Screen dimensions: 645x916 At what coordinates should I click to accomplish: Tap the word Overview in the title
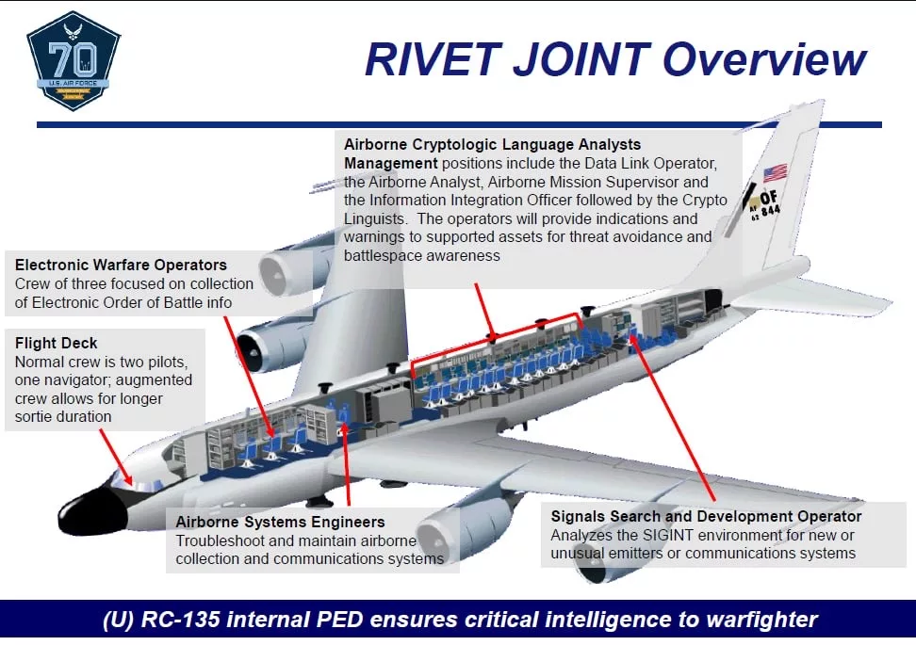[764, 59]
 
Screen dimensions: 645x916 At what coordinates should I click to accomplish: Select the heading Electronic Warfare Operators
[121, 265]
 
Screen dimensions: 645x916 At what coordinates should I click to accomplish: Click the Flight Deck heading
[56, 343]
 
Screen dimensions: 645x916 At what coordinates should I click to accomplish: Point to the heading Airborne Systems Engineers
[280, 522]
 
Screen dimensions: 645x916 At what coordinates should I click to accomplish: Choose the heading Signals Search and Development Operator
[706, 516]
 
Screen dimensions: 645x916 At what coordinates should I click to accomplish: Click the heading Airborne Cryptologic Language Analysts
[492, 145]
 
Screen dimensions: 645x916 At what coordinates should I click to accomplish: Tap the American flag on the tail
[775, 173]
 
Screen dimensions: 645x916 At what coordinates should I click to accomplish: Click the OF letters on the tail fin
[768, 197]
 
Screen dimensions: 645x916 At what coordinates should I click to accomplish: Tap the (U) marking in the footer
[120, 621]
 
